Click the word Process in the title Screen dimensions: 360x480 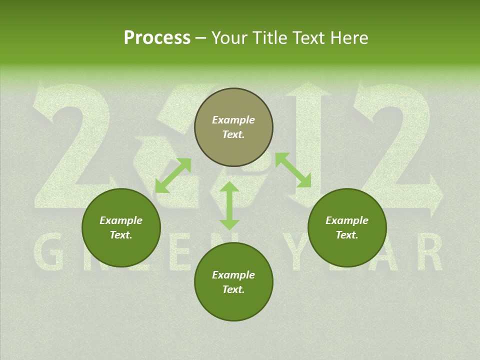[x=157, y=38]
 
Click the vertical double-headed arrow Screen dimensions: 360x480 [x=229, y=205]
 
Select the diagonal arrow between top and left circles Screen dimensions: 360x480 [x=173, y=175]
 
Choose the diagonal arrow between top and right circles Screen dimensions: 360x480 [x=293, y=170]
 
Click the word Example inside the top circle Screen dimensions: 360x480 [x=233, y=120]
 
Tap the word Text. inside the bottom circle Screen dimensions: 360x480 [x=233, y=289]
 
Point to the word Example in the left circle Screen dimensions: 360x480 [x=121, y=220]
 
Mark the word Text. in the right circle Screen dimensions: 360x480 [x=347, y=235]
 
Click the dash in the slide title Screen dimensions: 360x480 [x=201, y=38]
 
